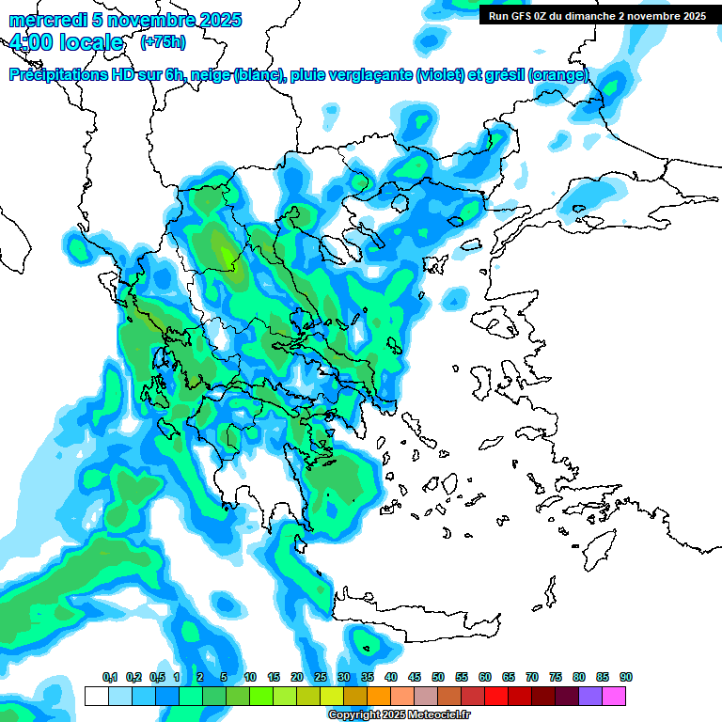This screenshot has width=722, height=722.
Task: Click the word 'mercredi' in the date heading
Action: click(x=44, y=20)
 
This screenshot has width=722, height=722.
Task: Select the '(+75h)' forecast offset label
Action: click(x=162, y=42)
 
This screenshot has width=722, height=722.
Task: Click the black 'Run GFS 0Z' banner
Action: click(x=597, y=16)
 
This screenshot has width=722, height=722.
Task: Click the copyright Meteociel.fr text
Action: click(x=399, y=715)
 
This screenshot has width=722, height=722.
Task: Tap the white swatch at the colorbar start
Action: click(x=96, y=697)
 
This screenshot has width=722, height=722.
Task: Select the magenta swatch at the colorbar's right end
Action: click(x=614, y=697)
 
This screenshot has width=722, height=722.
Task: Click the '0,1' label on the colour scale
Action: click(x=110, y=678)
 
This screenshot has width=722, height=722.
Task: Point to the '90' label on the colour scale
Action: click(x=626, y=678)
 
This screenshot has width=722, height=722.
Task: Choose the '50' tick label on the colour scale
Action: click(x=438, y=678)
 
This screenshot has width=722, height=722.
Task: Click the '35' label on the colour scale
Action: click(x=368, y=678)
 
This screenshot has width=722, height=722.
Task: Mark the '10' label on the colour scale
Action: click(x=250, y=678)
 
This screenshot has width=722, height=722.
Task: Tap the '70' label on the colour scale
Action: click(x=532, y=678)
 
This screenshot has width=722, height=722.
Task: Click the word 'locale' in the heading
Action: click(x=90, y=42)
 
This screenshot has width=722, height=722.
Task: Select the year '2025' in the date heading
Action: click(x=213, y=20)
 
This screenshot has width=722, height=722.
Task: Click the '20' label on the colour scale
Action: click(x=297, y=678)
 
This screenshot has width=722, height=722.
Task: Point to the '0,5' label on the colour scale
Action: click(x=157, y=678)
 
